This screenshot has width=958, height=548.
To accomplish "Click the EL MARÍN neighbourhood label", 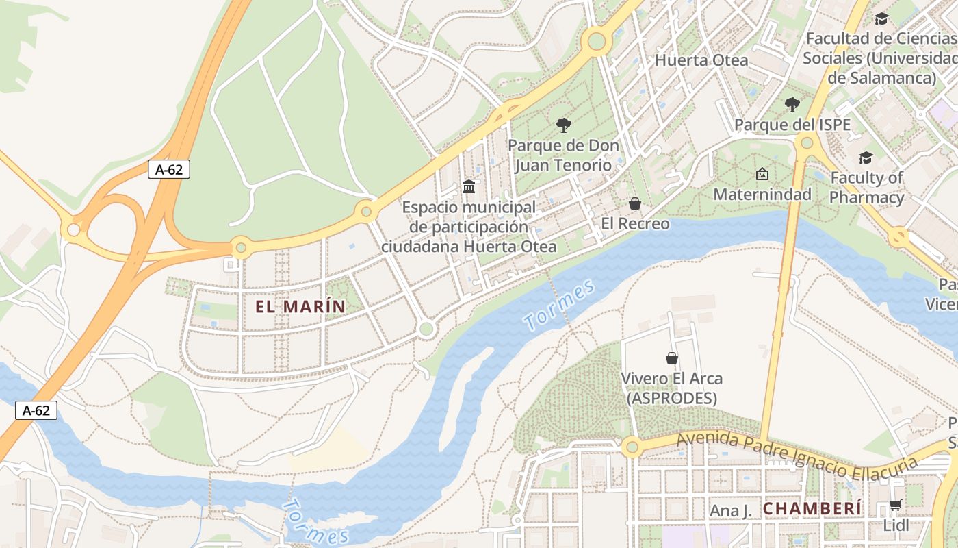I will [x=301, y=307].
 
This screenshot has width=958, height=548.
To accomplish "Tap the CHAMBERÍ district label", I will [x=812, y=509].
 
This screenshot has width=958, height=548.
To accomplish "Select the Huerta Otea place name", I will [x=701, y=60].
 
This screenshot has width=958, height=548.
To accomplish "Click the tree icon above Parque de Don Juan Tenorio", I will [x=563, y=125].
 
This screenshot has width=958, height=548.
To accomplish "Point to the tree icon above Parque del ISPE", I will [x=792, y=105].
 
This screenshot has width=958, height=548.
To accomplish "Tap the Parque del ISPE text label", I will [x=792, y=125].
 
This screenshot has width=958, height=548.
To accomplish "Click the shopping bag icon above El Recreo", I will [x=635, y=203].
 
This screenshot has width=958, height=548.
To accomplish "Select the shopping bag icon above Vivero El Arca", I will [x=672, y=358].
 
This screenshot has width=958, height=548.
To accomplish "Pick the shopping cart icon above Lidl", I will [x=895, y=506].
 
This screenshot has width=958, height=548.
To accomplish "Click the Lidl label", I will [x=896, y=525].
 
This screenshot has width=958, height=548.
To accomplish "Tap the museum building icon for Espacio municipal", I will [x=469, y=186].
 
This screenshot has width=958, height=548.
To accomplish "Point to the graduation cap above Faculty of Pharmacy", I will [x=866, y=158].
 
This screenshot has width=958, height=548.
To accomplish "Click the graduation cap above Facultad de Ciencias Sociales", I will [x=881, y=18].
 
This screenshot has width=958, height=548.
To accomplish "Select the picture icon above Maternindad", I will [x=762, y=174].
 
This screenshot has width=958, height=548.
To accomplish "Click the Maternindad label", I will [x=762, y=195].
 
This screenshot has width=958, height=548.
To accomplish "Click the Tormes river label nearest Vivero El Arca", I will [x=559, y=306].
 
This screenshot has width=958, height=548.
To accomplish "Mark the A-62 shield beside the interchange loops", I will [x=169, y=169].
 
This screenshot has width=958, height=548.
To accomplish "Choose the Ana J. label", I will [x=730, y=511].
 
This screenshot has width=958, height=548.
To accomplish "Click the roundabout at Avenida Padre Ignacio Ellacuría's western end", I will [x=632, y=447].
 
